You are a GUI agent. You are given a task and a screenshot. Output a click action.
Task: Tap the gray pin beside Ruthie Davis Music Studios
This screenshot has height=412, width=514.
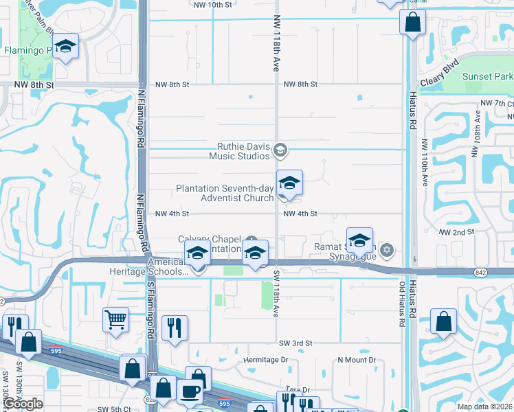click(x=280, y=150)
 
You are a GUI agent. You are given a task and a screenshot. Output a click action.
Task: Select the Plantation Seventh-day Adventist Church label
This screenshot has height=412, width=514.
click(x=225, y=193)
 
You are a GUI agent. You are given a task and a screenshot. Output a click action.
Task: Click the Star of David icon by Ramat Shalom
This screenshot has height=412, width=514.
click(x=387, y=249)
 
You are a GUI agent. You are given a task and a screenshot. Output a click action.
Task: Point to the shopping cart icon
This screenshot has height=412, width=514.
click(x=115, y=319)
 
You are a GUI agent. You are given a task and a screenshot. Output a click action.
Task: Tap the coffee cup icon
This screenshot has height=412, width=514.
click(x=190, y=391)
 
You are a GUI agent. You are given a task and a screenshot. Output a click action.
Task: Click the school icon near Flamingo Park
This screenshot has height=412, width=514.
click(x=66, y=47)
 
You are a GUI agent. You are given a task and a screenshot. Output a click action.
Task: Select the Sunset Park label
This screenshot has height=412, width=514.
click(x=487, y=76)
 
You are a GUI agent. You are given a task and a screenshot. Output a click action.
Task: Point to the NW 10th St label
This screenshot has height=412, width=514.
click(x=212, y=5)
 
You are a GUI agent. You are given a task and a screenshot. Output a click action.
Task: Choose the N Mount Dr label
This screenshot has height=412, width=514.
click(x=357, y=360)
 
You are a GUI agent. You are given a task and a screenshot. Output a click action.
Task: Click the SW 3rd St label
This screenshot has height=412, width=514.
click(x=295, y=343)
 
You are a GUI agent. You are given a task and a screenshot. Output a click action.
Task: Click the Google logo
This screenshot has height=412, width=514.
click(x=23, y=404)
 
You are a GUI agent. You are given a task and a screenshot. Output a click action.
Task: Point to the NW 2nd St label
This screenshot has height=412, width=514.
click(x=456, y=232)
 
